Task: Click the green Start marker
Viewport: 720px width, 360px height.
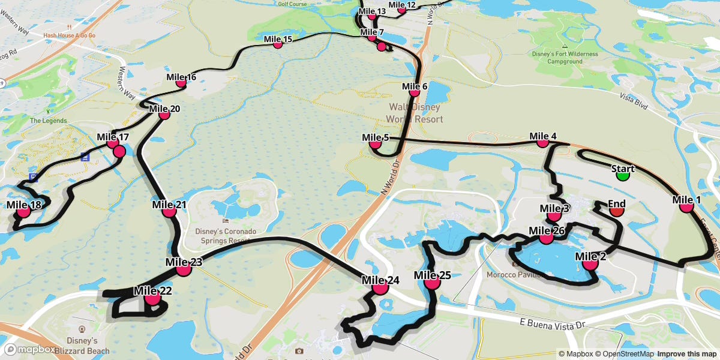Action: [623, 175]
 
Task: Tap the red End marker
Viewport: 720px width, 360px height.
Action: [617, 210]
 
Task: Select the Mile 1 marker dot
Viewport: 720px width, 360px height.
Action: [687, 206]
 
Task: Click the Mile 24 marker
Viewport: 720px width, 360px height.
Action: [380, 288]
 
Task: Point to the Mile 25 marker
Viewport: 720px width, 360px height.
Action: [432, 283]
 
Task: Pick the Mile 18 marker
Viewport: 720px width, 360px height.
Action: [24, 211]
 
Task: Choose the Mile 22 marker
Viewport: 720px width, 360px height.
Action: [152, 297]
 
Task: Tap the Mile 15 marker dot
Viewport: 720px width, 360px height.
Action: [278, 44]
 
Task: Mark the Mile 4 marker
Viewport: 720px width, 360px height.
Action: [543, 143]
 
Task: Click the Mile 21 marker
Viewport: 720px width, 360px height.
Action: [169, 211]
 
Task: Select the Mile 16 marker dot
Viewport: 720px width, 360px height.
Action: [181, 83]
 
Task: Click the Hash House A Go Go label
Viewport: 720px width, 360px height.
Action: [69, 35]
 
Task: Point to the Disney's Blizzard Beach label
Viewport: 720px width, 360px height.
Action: [83, 346]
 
